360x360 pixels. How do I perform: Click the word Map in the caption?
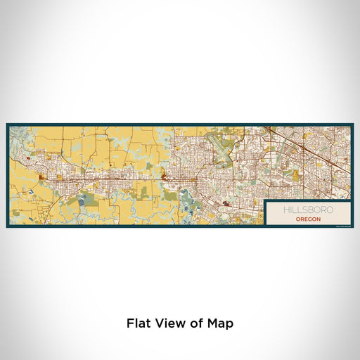click(219, 323)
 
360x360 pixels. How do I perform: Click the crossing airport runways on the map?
click(226, 149)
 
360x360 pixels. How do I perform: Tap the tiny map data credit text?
click(342, 224)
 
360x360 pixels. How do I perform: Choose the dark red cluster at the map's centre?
click(167, 179)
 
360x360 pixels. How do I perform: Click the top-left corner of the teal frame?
click(8, 125)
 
